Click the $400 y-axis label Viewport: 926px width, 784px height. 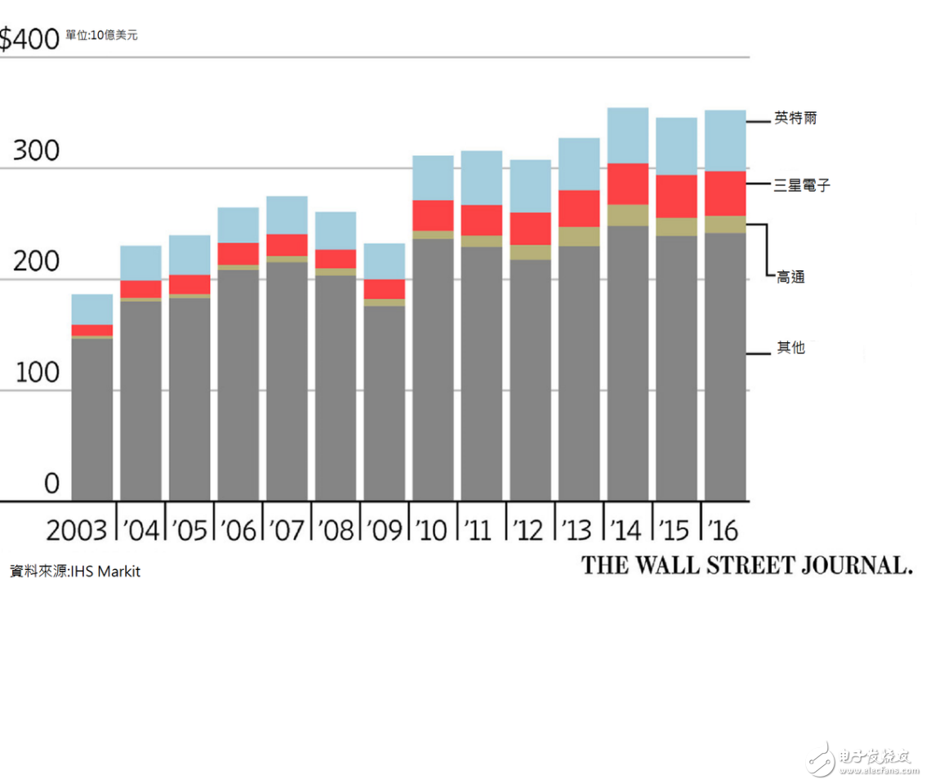pyautogui.click(x=29, y=38)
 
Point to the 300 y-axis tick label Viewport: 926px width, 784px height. pyautogui.click(x=36, y=152)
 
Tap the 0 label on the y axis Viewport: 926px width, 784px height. pyautogui.click(x=51, y=483)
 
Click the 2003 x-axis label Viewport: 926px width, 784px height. pyautogui.click(x=77, y=530)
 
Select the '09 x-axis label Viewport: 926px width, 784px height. pyautogui.click(x=385, y=530)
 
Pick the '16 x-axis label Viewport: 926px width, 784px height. pyautogui.click(x=723, y=530)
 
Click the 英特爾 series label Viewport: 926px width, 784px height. pyautogui.click(x=795, y=118)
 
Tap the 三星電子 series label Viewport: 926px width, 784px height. pyautogui.click(x=801, y=185)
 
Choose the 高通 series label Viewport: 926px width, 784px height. pyautogui.click(x=790, y=278)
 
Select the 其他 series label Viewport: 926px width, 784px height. pyautogui.click(x=790, y=348)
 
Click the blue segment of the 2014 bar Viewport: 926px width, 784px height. pyautogui.click(x=628, y=136)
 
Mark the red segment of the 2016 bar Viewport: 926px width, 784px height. pyautogui.click(x=725, y=193)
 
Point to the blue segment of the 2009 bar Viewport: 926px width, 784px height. pyautogui.click(x=384, y=261)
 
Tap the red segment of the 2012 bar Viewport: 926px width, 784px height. pyautogui.click(x=530, y=229)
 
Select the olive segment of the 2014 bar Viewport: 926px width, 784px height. pyautogui.click(x=628, y=215)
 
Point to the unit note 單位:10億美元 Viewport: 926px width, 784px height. pyautogui.click(x=102, y=36)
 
